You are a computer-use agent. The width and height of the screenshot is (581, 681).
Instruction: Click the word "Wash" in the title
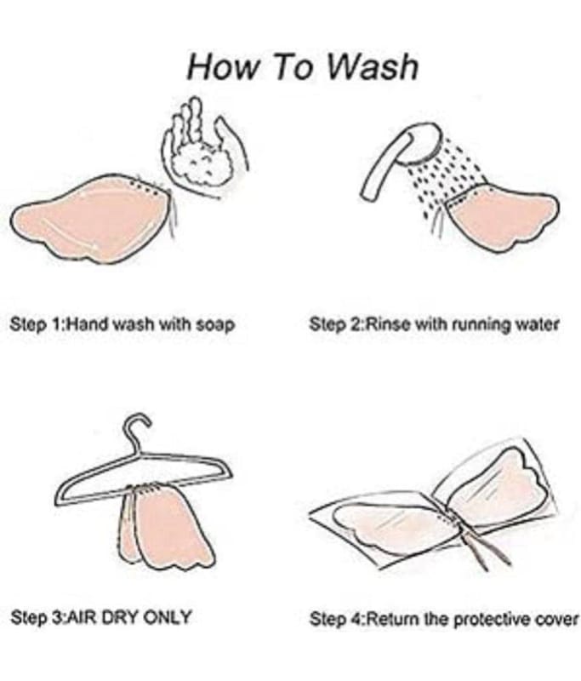(373, 66)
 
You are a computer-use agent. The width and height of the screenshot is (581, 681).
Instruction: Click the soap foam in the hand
(203, 164)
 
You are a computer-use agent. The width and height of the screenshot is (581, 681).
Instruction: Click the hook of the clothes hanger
(138, 428)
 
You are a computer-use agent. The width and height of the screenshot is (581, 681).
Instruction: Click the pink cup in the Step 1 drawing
(91, 220)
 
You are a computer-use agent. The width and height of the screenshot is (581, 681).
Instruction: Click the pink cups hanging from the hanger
(165, 528)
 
